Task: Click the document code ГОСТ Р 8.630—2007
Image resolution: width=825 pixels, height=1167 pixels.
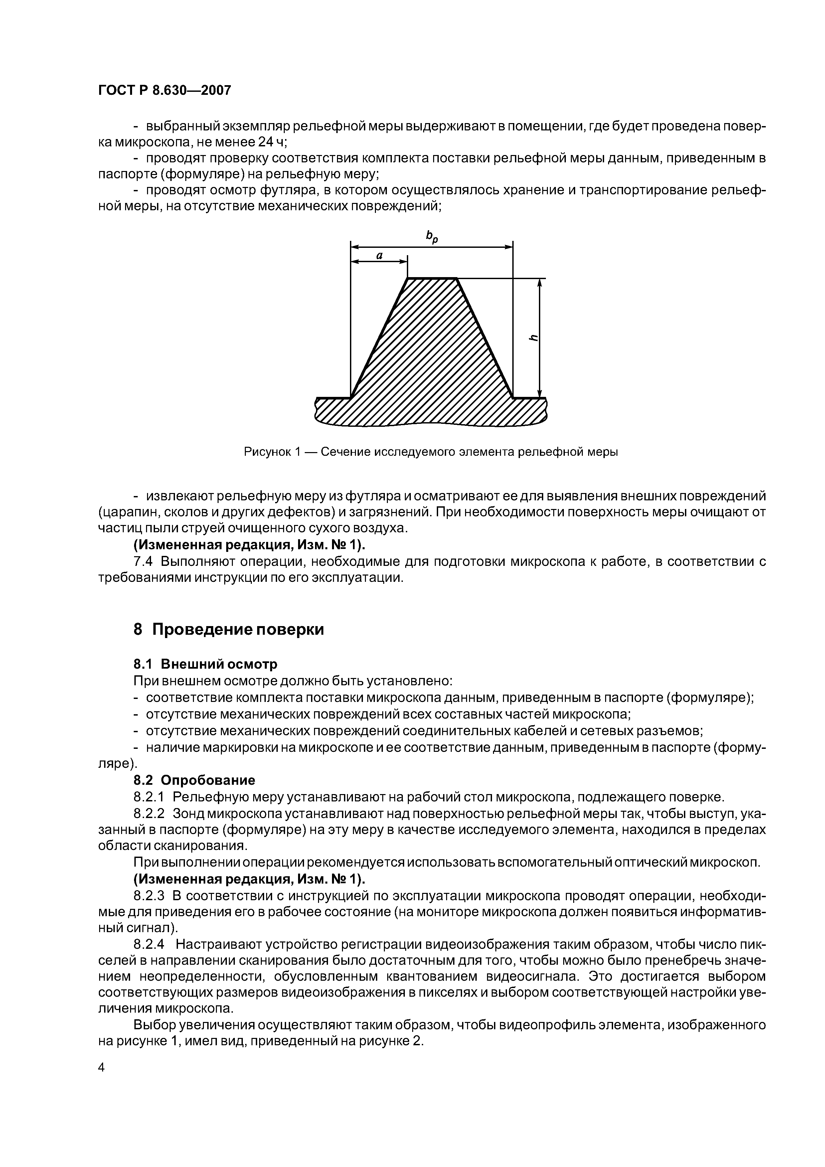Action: coord(164,90)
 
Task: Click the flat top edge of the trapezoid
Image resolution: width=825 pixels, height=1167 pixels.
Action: coord(432,278)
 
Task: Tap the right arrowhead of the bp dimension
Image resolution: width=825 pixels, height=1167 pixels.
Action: coord(508,247)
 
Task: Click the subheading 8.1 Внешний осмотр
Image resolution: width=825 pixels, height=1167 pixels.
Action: coord(205,664)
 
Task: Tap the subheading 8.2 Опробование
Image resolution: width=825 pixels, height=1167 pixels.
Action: coord(194,780)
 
